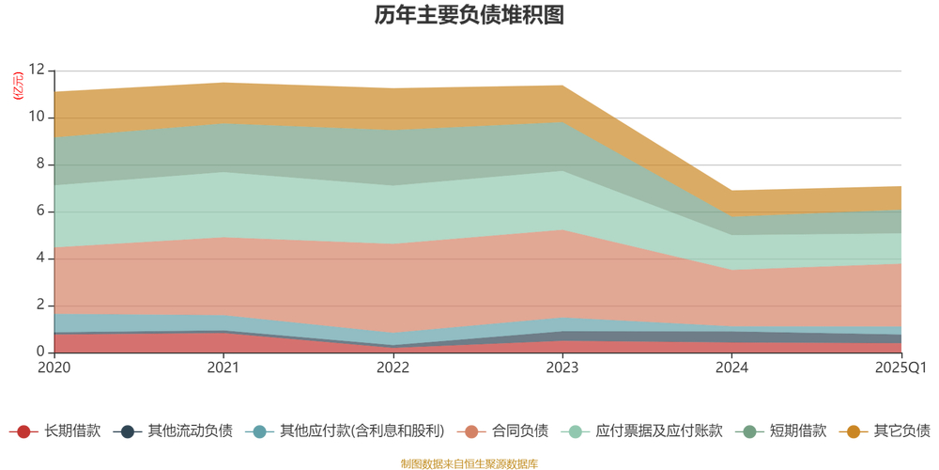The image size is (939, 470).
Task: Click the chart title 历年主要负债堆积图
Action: tap(469, 16)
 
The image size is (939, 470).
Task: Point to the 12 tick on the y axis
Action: tap(38, 70)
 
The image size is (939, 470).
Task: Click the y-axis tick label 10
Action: tap(38, 117)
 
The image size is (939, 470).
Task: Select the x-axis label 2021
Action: tap(223, 368)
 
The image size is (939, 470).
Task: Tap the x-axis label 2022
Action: tap(393, 368)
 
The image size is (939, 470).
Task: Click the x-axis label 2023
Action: tap(562, 368)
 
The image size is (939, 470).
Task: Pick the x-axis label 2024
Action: tap(731, 368)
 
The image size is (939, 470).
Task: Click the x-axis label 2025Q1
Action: tap(899, 368)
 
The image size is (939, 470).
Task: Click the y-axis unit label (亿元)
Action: tap(17, 86)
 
